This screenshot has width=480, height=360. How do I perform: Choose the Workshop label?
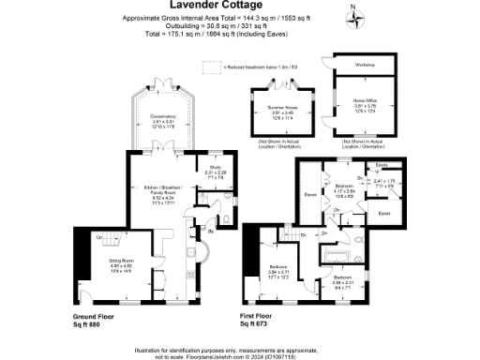coord(364,65)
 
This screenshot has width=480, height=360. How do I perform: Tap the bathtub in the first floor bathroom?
coord(335,252)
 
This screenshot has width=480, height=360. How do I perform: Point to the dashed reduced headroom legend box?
coord(211,67)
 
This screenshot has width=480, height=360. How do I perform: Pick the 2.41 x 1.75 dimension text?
coord(385,182)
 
